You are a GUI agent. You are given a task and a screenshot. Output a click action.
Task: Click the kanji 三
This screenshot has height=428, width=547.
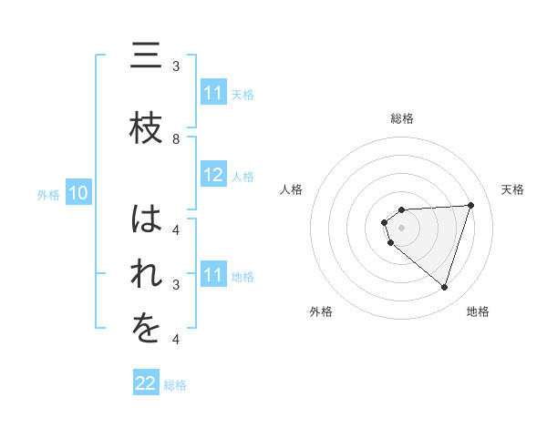144,58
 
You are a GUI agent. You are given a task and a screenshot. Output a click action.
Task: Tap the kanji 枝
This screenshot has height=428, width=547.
144,129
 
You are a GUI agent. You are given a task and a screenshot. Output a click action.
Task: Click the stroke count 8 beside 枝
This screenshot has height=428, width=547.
176,139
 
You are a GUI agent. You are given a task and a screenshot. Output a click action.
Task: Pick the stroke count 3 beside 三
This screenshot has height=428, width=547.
176,66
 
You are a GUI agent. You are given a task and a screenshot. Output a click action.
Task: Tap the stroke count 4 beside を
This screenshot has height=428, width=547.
176,340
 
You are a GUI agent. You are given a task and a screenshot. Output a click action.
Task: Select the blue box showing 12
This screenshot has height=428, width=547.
213,176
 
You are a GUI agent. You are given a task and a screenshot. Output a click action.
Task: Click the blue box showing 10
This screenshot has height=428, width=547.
77,193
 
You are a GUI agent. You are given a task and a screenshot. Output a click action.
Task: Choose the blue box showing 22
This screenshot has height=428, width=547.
146,383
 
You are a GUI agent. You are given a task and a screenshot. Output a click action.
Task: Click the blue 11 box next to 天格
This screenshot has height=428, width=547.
213,93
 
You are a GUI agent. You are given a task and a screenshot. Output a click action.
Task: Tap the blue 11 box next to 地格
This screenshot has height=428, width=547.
213,275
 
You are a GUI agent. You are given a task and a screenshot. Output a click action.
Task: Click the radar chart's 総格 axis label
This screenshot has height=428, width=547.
402,118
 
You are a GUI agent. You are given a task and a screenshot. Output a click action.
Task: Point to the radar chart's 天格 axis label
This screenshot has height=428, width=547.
513,189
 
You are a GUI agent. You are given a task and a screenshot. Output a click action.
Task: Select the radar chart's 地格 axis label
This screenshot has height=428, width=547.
478,311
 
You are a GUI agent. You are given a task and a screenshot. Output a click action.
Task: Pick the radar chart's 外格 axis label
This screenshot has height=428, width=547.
321,311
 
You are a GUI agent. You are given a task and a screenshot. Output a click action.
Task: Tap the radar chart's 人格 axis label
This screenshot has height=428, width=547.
292,189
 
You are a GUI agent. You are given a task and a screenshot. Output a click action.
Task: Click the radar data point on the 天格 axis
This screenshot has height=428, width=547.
471,205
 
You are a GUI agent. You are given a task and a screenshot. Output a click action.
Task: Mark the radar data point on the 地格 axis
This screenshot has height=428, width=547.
444,287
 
